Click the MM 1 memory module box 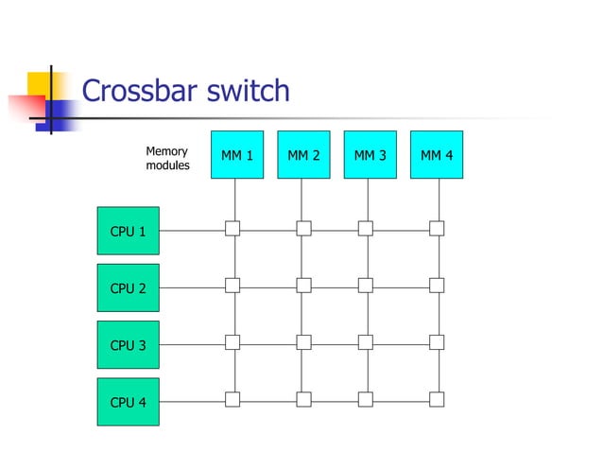point(236,155)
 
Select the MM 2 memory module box point(303,155)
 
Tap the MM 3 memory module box point(370,155)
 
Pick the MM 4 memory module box point(437,155)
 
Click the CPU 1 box point(129,231)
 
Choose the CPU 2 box point(129,288)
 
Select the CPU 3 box point(129,345)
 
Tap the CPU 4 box point(129,402)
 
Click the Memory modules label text point(167,158)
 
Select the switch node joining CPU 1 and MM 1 point(233,228)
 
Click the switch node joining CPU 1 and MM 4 point(437,228)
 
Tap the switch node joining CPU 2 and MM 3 point(366,285)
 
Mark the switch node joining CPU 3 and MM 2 point(303,342)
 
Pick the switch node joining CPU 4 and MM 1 point(233,399)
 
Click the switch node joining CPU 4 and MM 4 point(437,399)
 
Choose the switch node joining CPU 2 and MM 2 point(303,285)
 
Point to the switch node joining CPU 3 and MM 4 point(437,342)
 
